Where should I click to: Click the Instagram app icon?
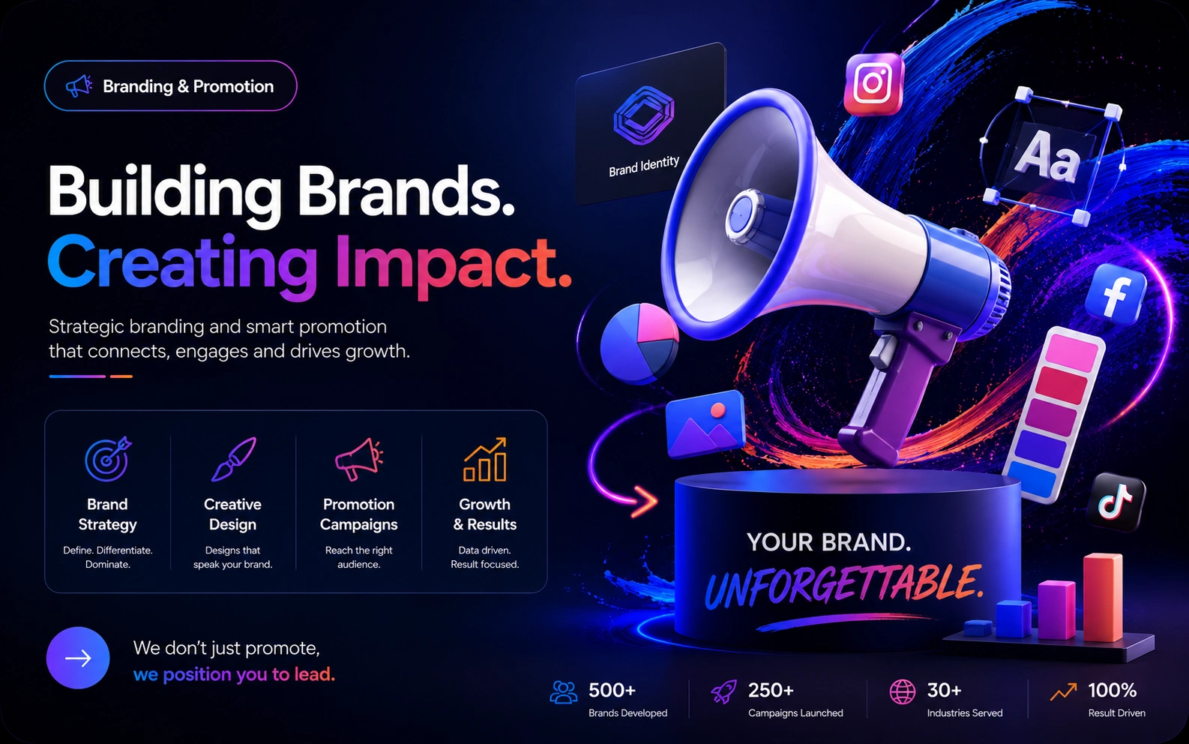coord(873,83)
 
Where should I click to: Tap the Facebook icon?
coord(1115,294)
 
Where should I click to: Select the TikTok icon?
coord(1116,502)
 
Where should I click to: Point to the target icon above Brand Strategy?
coord(108,459)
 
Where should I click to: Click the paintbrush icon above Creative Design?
coord(234,459)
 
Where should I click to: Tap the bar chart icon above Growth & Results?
coord(485,459)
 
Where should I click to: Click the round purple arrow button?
coord(78,658)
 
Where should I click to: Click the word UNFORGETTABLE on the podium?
coord(844,586)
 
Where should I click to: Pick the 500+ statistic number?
coord(612,690)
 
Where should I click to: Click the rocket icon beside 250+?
coord(723,692)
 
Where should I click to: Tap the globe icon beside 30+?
coord(903,691)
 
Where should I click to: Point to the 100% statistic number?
coord(1113,690)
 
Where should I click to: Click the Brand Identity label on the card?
coord(644,166)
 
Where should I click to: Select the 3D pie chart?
coord(639,343)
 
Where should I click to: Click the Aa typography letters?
coord(1047,156)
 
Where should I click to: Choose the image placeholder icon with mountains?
coord(705,423)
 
